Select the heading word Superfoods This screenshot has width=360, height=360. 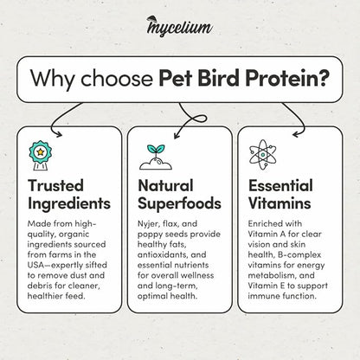pyautogui.click(x=179, y=205)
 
